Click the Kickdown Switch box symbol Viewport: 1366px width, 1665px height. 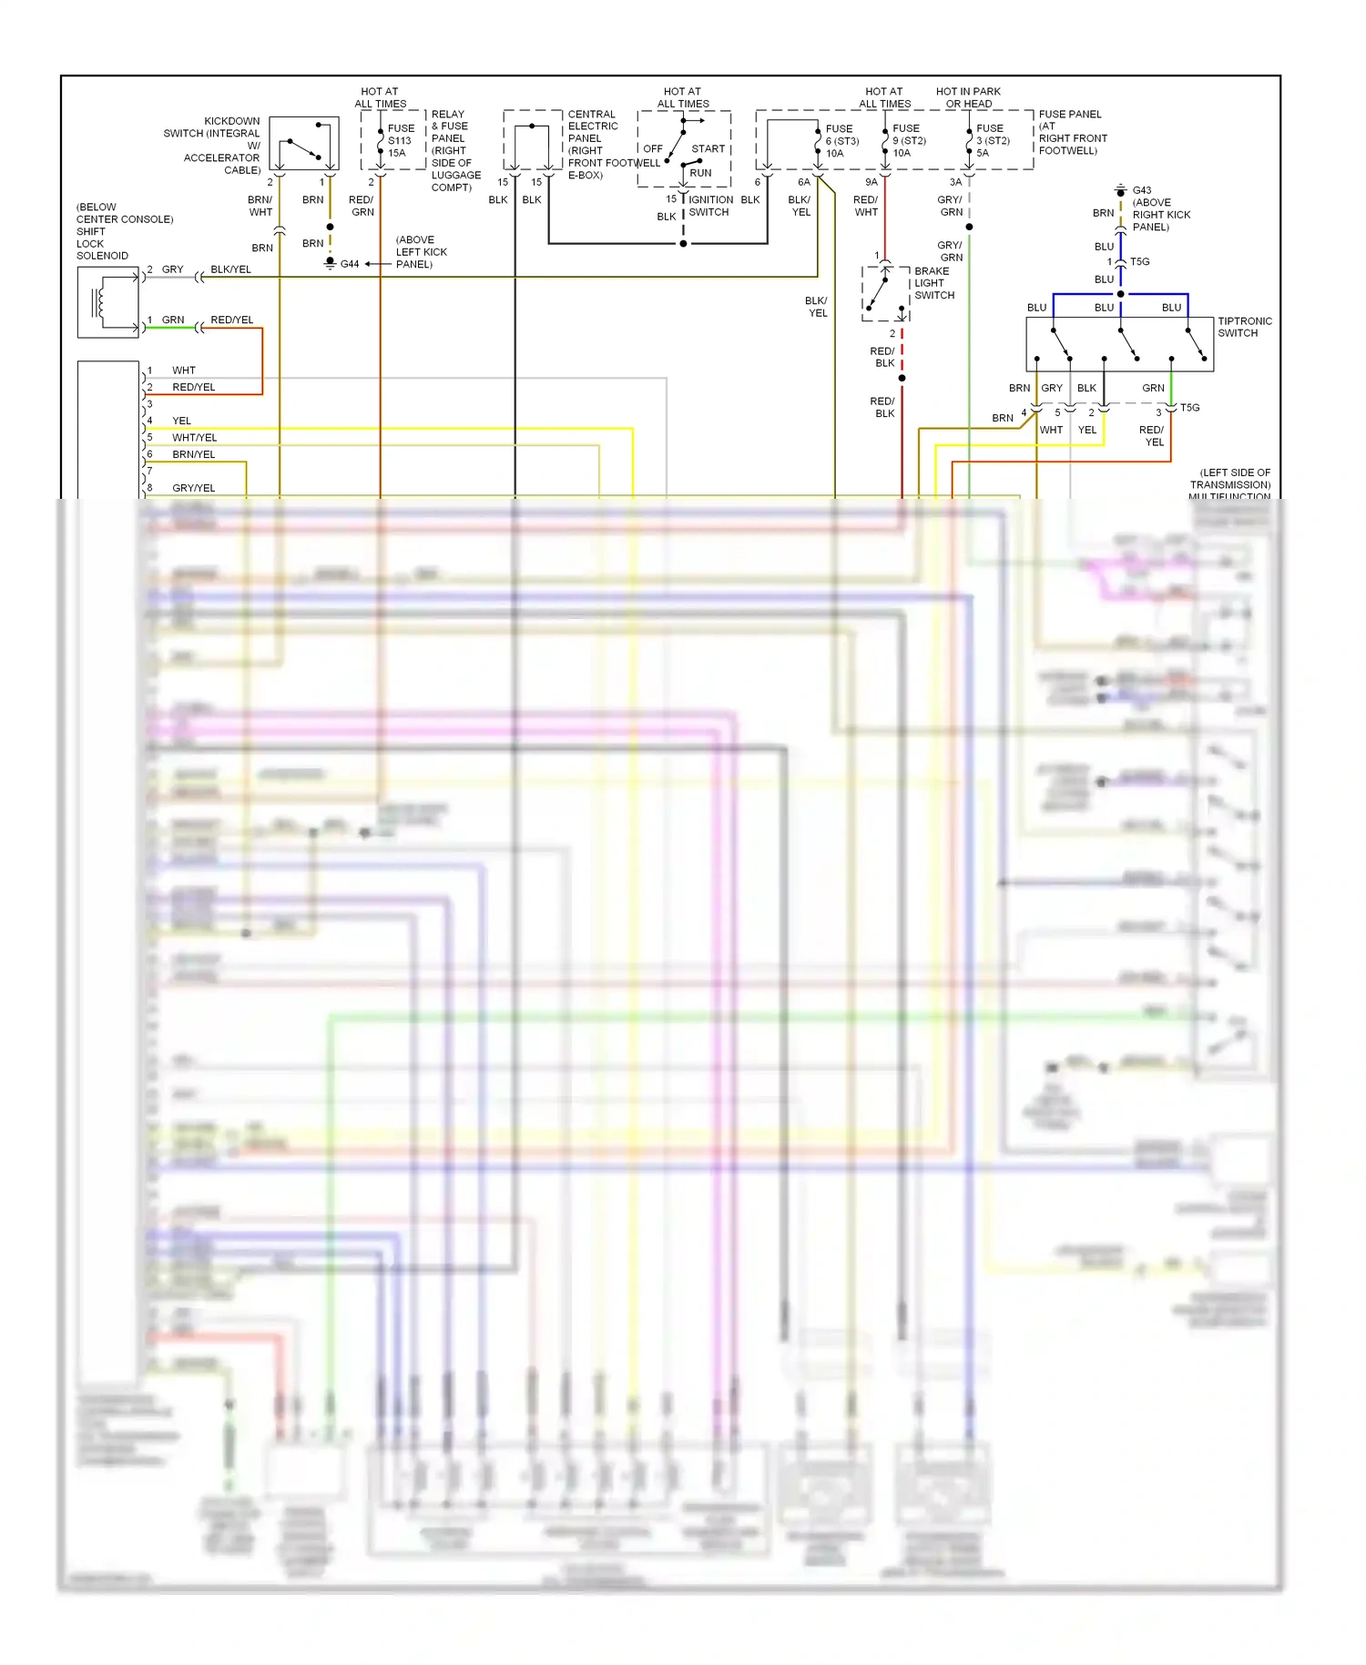click(x=304, y=143)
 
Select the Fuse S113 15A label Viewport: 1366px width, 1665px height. click(x=401, y=141)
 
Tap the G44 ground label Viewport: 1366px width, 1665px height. click(x=350, y=264)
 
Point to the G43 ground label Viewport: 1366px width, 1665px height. click(x=1142, y=191)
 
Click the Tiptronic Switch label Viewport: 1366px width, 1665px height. click(x=1244, y=328)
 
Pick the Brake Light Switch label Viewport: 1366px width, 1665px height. click(x=934, y=283)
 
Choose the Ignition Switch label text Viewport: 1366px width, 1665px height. click(x=710, y=206)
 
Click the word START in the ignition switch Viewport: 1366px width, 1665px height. click(x=708, y=148)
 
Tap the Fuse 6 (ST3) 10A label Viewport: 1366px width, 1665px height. click(x=841, y=141)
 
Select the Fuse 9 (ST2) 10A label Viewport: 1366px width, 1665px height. click(x=909, y=141)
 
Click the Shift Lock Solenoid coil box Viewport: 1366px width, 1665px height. click(x=108, y=303)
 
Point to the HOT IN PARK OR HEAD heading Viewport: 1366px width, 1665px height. click(x=968, y=97)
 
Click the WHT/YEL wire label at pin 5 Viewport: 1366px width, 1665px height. click(x=195, y=438)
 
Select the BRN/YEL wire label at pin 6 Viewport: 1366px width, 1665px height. click(x=194, y=454)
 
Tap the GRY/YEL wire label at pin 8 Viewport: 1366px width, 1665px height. click(x=194, y=488)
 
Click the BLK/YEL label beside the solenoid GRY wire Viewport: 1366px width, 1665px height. click(x=230, y=269)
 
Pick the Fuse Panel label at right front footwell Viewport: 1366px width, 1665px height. click(x=1072, y=133)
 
